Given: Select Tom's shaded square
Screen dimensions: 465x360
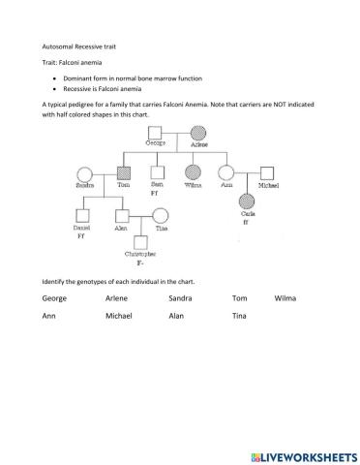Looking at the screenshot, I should (x=123, y=174).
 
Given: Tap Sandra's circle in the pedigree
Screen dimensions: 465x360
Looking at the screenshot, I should (x=86, y=174).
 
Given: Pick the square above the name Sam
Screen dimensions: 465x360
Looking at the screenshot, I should (x=156, y=174).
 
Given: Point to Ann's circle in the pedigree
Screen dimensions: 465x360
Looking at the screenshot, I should (x=227, y=174).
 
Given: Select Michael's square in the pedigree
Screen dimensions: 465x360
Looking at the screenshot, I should (x=266, y=174).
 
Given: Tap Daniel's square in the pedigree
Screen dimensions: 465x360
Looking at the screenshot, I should (x=86, y=216).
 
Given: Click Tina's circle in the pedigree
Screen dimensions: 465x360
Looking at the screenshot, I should (x=162, y=216).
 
